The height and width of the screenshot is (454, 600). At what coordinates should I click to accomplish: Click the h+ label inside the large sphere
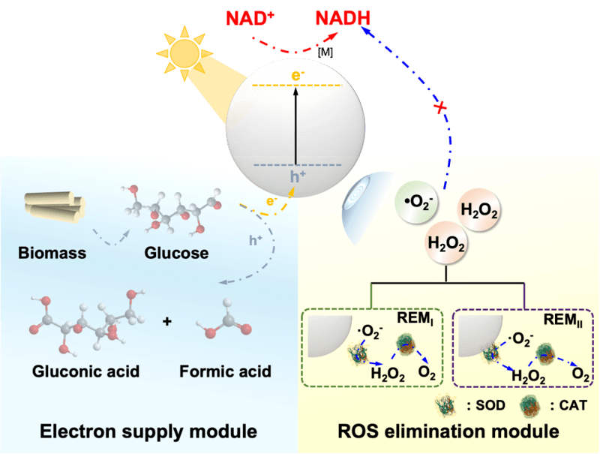pos(296,178)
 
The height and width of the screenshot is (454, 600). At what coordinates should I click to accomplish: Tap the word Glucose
pos(176,253)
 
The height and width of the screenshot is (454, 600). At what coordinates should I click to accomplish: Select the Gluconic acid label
pos(85,371)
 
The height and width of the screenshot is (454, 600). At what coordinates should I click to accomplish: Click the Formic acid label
pos(225,371)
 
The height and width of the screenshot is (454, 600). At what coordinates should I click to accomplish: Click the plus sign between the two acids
pos(166,322)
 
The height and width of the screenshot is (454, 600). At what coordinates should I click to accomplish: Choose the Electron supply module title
pos(148,431)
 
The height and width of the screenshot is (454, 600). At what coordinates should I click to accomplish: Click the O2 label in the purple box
pos(579,371)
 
